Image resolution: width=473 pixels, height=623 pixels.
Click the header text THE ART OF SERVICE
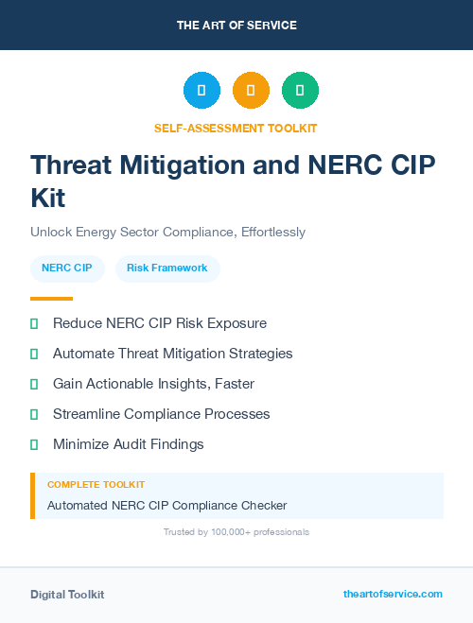coord(236,26)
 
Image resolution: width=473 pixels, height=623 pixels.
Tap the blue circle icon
coord(201,91)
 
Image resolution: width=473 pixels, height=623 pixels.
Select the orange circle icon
coord(251,91)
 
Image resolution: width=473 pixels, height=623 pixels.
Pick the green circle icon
coord(300,91)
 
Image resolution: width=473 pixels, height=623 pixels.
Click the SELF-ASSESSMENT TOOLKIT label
coord(236,128)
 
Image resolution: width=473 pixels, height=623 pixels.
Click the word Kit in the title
coord(50,199)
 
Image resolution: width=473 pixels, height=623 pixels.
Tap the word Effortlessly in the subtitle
coord(272,232)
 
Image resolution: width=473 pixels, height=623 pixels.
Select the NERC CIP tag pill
coord(67,268)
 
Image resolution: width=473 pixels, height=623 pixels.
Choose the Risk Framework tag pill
coord(167,268)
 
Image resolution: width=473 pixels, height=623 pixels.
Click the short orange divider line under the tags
coord(51,299)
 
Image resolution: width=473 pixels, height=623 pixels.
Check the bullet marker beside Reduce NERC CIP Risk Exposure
coord(34,323)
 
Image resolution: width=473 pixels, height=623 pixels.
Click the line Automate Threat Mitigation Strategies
coord(172,354)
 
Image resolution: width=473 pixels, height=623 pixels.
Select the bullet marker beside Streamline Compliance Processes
coord(34,414)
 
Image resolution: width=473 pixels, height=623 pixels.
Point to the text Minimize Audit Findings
coord(128,444)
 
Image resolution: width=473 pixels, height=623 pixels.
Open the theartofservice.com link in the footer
coord(393,594)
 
